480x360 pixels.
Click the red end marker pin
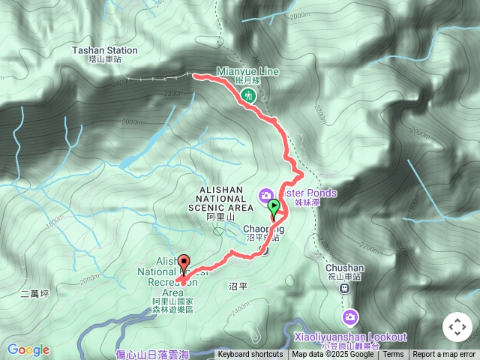[x=184, y=264]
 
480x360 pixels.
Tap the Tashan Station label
[x=105, y=50]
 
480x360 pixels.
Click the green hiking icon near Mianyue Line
[x=248, y=95]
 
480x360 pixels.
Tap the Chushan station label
[x=345, y=268]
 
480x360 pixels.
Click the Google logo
[x=28, y=349]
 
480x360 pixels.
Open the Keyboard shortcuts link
[x=250, y=355]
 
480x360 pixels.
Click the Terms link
[x=394, y=355]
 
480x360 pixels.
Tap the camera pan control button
[x=457, y=327]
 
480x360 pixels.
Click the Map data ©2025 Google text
[x=333, y=355]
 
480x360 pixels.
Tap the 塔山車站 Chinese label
[x=105, y=59]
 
